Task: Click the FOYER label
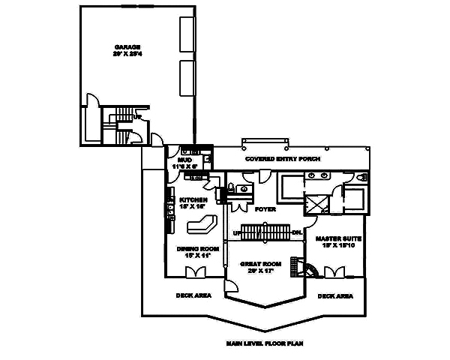(265, 208)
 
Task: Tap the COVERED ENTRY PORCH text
(283, 160)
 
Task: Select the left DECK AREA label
(193, 295)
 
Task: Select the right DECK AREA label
(335, 295)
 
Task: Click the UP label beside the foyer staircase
(237, 233)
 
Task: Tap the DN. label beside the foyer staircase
(296, 232)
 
